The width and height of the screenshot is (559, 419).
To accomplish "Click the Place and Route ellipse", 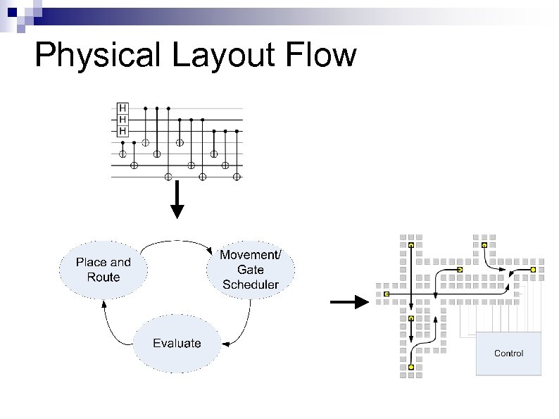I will pyautogui.click(x=103, y=270).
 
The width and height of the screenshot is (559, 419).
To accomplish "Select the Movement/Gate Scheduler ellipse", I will pyautogui.click(x=251, y=270).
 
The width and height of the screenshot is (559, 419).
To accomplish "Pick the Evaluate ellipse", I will pyautogui.click(x=177, y=344).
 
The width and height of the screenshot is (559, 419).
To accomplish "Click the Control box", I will pyautogui.click(x=508, y=353).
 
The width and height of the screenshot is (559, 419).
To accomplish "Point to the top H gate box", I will pyautogui.click(x=123, y=108).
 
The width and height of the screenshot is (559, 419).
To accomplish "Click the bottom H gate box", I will pyautogui.click(x=123, y=130).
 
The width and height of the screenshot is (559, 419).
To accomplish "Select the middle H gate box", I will pyautogui.click(x=123, y=119).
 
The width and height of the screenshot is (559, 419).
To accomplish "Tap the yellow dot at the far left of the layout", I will pyautogui.click(x=387, y=293).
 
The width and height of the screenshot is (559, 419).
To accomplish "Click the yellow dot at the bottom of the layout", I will pyautogui.click(x=411, y=367).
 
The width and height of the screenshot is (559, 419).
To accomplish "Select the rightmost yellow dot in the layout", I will pyautogui.click(x=533, y=269).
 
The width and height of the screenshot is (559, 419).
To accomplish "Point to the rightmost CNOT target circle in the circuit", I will pyautogui.click(x=237, y=176).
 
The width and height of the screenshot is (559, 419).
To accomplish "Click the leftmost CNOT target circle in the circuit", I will pyautogui.click(x=123, y=154).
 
